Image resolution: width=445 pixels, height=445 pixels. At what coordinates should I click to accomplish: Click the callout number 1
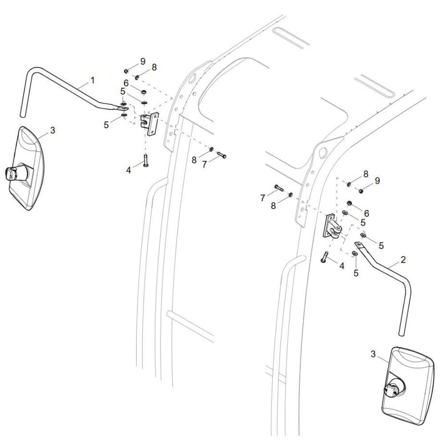click(92, 81)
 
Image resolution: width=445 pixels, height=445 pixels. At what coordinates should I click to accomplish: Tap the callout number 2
click(403, 259)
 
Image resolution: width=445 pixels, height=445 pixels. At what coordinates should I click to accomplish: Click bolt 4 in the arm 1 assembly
click(146, 160)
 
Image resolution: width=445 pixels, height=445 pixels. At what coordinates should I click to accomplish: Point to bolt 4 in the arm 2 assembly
click(324, 257)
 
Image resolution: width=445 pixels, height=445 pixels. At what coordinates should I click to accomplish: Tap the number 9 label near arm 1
click(143, 61)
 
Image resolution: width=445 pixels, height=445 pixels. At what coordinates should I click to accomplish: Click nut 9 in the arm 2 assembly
click(361, 191)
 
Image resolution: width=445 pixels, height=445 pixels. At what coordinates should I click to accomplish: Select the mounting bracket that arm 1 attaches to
click(150, 124)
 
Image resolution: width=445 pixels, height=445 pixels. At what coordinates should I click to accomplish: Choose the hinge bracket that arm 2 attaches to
click(332, 226)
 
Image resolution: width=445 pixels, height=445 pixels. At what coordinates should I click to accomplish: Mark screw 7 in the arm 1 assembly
click(222, 155)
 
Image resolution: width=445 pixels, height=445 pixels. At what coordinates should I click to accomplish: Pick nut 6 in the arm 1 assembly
click(144, 92)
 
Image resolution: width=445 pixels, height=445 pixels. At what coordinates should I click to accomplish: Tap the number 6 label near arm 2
click(366, 213)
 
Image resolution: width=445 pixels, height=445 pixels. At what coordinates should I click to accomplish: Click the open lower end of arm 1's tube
click(22, 115)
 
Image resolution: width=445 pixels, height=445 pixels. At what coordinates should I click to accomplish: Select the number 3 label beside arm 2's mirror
click(373, 354)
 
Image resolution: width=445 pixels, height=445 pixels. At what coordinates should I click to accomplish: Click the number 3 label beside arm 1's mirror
click(53, 130)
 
